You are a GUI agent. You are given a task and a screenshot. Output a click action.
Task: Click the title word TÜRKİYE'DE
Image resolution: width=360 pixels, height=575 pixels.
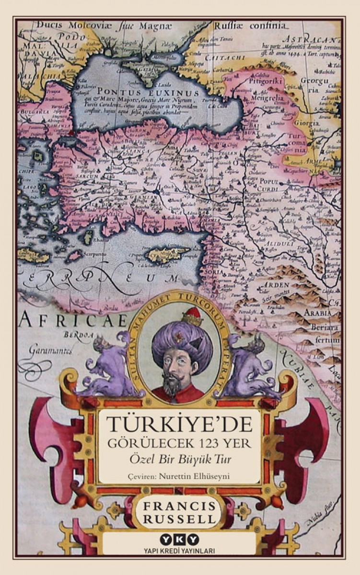[x=179, y=425]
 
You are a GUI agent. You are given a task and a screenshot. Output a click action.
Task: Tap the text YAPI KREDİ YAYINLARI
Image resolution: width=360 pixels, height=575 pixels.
[x=180, y=550]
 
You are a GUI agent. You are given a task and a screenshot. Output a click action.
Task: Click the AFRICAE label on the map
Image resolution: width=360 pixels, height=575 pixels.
[x=72, y=320]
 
